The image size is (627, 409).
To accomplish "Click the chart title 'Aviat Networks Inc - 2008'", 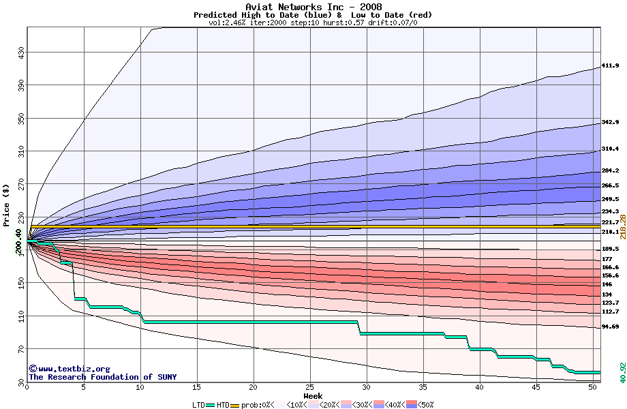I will (313, 7).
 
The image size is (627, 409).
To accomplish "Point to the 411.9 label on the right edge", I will (610, 66).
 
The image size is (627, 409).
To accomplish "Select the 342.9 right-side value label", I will (610, 123).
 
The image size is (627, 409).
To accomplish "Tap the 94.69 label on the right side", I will (610, 327).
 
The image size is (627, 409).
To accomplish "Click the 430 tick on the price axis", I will (21, 52).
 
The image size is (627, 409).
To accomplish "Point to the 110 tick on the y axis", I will (21, 316).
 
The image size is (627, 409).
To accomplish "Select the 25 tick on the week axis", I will (310, 387).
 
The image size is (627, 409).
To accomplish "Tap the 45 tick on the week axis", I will (536, 387).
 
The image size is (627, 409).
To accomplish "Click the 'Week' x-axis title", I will (313, 396).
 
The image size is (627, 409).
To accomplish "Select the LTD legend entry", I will (198, 405).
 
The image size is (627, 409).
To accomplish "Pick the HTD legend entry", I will (223, 405).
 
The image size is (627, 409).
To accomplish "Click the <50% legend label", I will (425, 405).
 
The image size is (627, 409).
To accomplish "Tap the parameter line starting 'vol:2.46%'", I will (313, 22).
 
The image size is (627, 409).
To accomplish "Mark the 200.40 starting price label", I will (18, 240).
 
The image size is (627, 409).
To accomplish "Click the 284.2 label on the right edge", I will (610, 170).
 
